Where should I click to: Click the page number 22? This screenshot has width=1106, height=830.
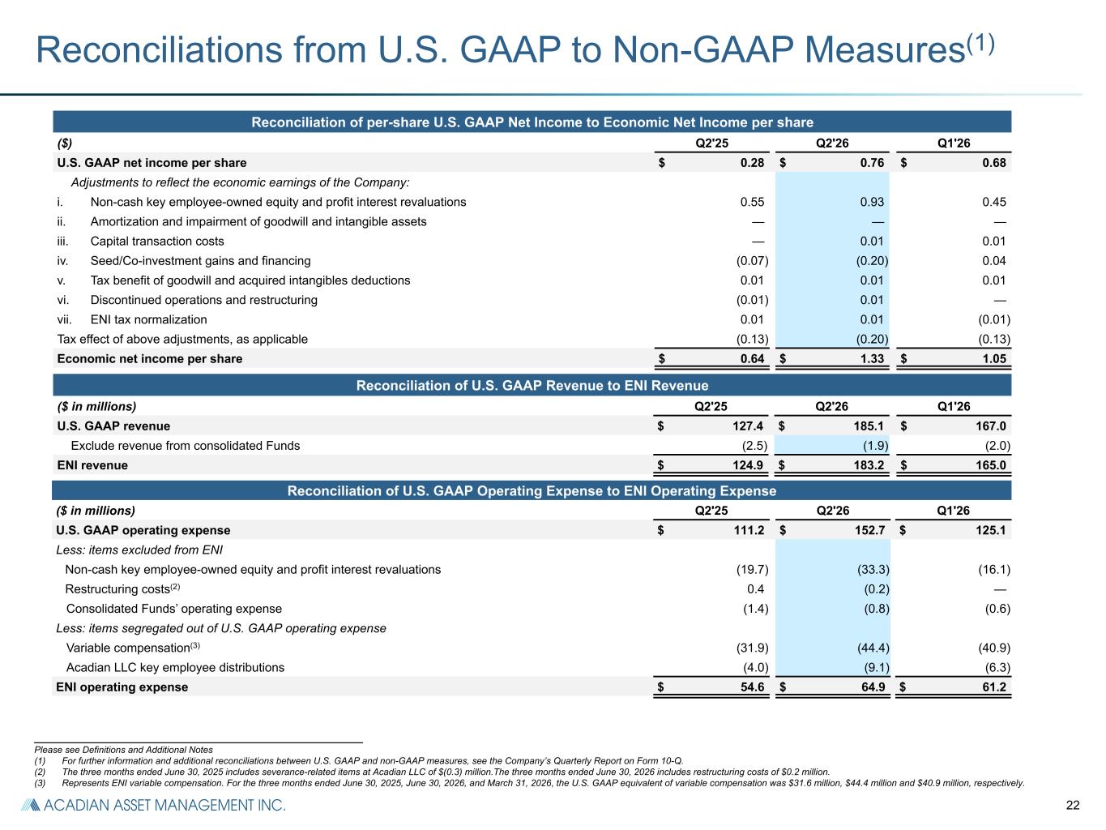[1072, 805]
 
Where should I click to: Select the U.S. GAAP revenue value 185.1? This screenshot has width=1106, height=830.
[868, 426]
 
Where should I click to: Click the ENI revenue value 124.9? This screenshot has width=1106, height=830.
[747, 465]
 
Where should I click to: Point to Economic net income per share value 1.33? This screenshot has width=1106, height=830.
[872, 359]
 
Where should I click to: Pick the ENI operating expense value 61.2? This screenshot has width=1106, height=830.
[993, 687]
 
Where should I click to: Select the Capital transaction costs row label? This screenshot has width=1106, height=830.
[156, 242]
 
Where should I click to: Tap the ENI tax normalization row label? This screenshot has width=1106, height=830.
[148, 319]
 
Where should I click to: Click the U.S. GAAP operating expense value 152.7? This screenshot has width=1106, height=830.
[869, 530]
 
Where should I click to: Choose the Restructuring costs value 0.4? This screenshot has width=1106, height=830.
[755, 589]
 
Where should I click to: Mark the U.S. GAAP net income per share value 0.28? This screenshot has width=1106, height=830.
[752, 163]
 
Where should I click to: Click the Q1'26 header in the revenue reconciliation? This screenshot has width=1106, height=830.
[954, 406]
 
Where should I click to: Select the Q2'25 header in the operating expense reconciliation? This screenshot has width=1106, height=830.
[711, 511]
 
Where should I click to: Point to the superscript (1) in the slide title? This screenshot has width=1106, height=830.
[980, 43]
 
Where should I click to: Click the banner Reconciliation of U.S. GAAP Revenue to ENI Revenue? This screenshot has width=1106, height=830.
[532, 386]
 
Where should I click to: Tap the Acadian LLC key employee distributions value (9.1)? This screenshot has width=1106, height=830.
[876, 667]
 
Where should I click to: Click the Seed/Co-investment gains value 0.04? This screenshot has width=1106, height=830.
[993, 260]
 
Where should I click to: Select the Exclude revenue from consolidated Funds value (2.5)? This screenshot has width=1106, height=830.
[754, 446]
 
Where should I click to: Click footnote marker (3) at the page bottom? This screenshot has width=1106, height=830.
[40, 783]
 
